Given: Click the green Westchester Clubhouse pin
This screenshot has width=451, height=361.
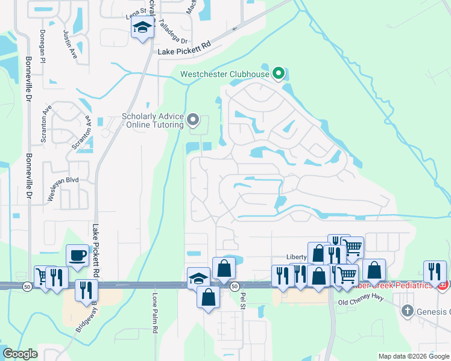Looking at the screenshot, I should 278,74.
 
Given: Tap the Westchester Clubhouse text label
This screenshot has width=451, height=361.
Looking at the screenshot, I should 224,75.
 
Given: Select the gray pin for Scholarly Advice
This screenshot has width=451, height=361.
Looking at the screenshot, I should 193,120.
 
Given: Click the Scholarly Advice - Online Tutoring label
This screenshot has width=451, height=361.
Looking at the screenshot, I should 153,120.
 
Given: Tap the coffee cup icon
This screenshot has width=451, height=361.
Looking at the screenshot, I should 77,255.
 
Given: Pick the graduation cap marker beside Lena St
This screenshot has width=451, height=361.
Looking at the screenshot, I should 143,28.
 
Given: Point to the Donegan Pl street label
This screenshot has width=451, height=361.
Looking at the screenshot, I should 43,47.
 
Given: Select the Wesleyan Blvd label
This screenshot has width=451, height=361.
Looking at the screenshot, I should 62,190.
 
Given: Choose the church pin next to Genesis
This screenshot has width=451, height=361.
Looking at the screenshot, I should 408,310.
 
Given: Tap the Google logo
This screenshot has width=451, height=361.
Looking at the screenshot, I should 20,354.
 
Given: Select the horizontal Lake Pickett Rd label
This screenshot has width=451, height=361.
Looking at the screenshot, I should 184,53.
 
